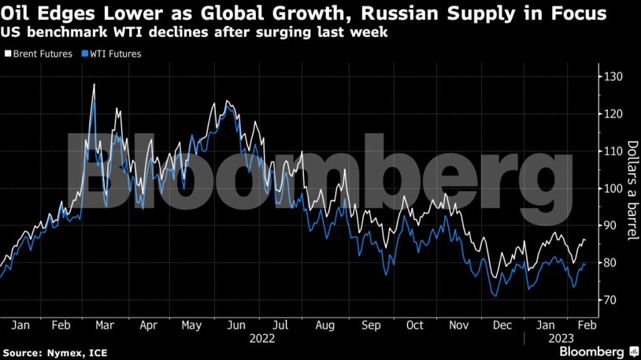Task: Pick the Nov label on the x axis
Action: [x=458, y=325]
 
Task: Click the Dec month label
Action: [x=502, y=325]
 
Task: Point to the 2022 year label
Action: [x=262, y=338]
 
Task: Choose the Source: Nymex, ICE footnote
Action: [x=46, y=351]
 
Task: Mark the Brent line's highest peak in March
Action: [x=94, y=84]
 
